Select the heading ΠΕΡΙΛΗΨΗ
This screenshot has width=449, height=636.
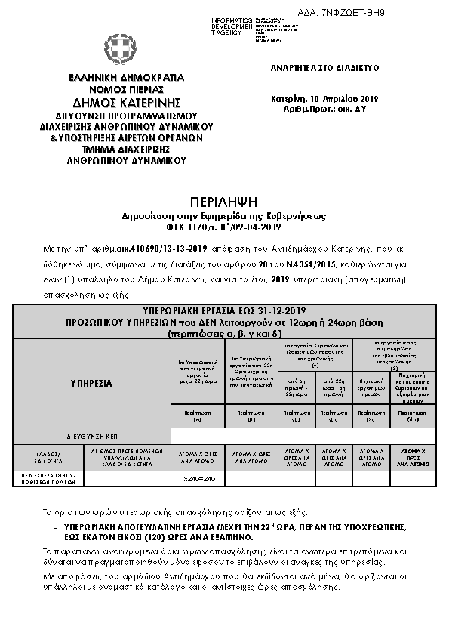[224, 201]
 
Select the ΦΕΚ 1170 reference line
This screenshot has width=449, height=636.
[224, 227]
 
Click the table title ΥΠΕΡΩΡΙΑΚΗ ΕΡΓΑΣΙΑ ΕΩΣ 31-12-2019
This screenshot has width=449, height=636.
[224, 310]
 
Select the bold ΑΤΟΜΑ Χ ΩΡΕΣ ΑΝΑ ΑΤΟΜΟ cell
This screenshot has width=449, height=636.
[413, 455]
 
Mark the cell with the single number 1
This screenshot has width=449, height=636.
[128, 478]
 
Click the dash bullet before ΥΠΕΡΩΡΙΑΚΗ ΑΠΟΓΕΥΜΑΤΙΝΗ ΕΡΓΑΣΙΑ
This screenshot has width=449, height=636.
[57, 526]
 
